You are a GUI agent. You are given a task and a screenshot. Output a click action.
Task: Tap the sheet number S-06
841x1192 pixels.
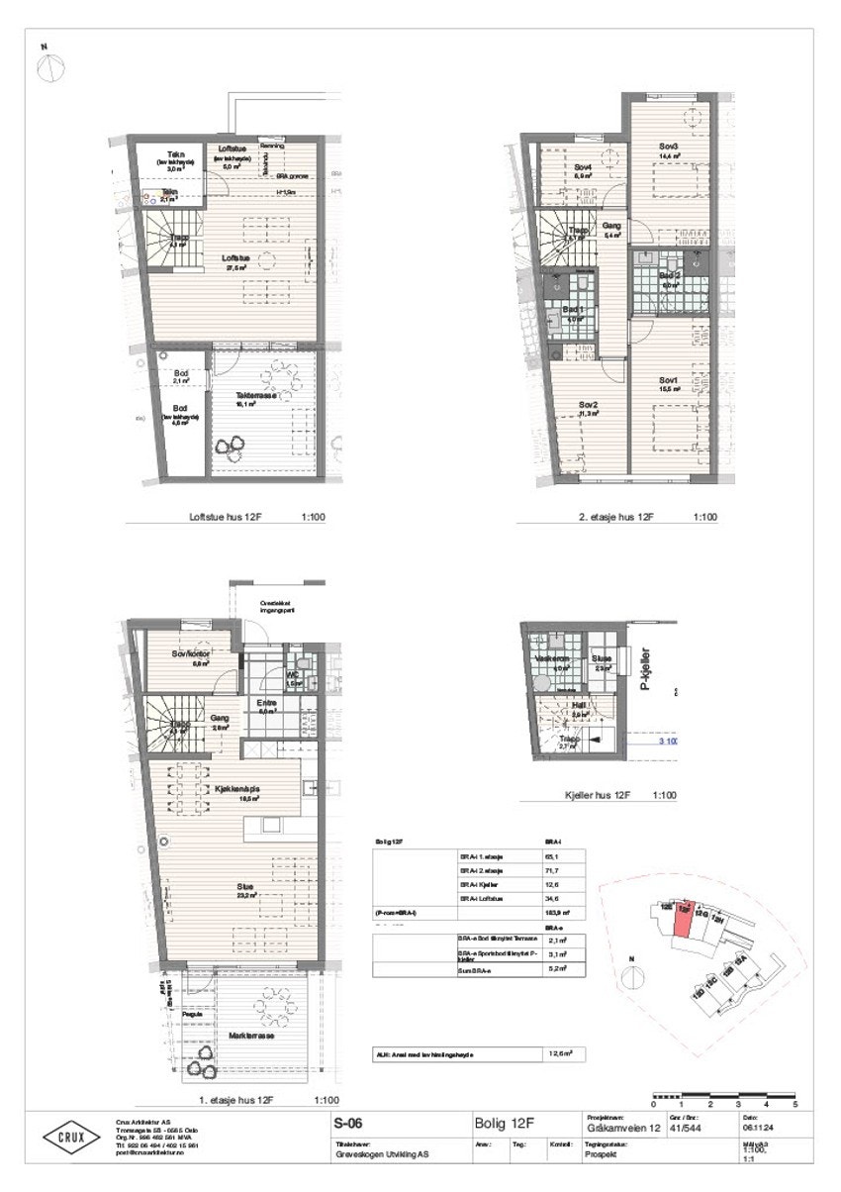[346, 1124]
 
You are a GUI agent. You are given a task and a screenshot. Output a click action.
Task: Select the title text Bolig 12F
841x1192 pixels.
[508, 1124]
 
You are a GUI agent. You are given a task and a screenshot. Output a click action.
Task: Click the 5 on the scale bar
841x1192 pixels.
[794, 1103]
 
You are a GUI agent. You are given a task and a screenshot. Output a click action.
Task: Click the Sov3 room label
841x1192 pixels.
[669, 147]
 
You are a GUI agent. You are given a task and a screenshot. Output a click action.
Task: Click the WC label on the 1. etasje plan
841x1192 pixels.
[293, 674]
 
